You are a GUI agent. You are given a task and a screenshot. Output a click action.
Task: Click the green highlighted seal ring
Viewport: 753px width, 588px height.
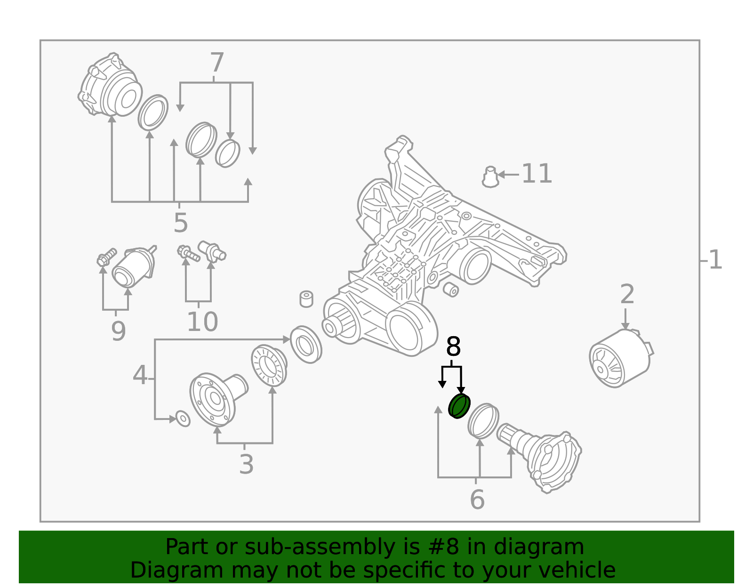459,406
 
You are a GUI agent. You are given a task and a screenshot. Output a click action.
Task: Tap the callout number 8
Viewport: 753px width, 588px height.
453,346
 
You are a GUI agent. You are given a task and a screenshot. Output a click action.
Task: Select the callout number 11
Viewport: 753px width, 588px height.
537,174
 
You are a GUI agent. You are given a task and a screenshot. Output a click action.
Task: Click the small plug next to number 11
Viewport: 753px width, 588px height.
490,177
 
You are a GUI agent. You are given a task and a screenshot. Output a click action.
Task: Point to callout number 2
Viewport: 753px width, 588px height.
627,294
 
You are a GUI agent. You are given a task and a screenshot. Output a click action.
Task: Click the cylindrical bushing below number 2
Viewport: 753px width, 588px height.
621,358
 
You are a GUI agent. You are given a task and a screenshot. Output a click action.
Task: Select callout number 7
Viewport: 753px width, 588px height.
217,62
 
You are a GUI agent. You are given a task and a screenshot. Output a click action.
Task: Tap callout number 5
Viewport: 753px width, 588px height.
181,223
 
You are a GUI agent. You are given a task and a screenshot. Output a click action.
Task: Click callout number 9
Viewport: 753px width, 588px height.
118,331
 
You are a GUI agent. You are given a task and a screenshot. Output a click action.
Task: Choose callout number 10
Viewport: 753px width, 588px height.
202,322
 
